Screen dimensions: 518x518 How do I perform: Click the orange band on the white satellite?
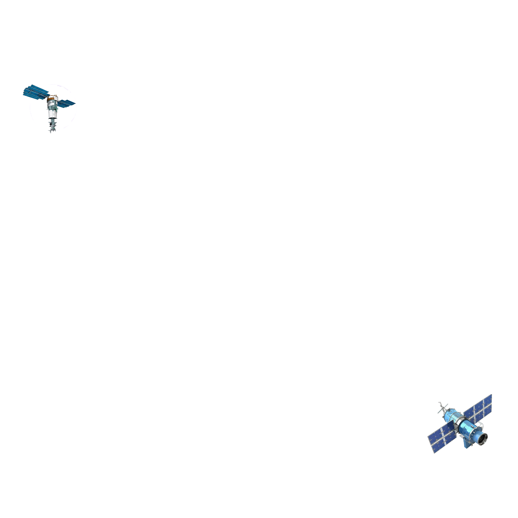(51, 99)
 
